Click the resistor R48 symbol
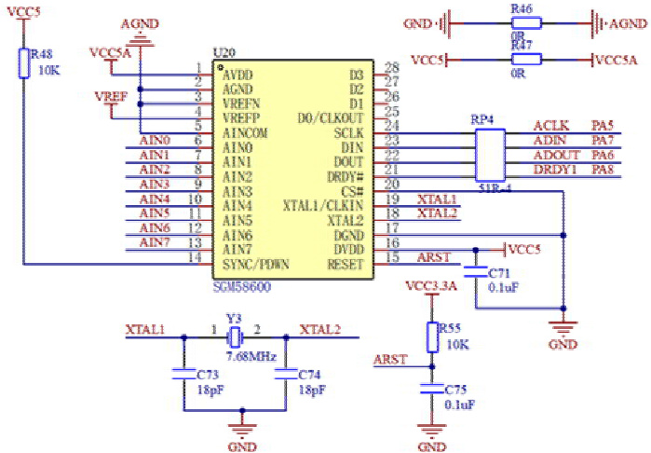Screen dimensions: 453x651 tap(22, 63)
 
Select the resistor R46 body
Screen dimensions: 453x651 tap(522, 20)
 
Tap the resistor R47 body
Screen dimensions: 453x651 tap(522, 60)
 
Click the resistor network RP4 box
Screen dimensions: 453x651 tap(490, 155)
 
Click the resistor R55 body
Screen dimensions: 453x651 tap(431, 336)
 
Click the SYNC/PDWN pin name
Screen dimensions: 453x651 tap(257, 264)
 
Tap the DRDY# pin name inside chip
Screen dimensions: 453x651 tap(345, 176)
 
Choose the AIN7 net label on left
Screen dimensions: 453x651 tap(154, 242)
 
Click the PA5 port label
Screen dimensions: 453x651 tap(603, 125)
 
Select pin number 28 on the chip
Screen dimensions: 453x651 tap(391, 67)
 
